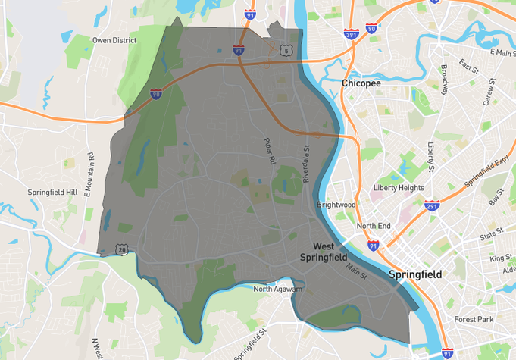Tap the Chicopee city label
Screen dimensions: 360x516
(360, 83)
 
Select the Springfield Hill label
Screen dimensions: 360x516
(53, 193)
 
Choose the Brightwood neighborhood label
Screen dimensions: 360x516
(336, 205)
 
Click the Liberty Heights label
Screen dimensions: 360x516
(399, 188)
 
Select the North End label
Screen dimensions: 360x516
(374, 226)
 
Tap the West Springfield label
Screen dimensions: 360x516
(334, 252)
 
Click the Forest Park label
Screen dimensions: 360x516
(474, 320)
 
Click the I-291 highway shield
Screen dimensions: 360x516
(433, 205)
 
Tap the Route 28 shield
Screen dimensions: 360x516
(121, 249)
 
